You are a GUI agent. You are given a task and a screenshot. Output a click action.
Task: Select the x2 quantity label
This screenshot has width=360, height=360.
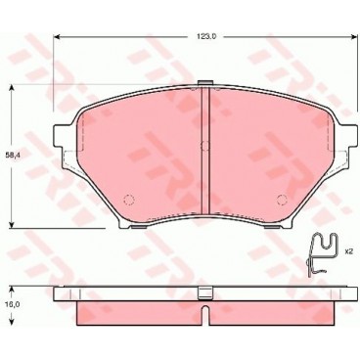point(346,252)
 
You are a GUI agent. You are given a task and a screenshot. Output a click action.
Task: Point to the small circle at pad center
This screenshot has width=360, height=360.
point(202,148)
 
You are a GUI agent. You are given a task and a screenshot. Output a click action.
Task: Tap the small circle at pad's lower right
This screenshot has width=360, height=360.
point(281,199)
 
